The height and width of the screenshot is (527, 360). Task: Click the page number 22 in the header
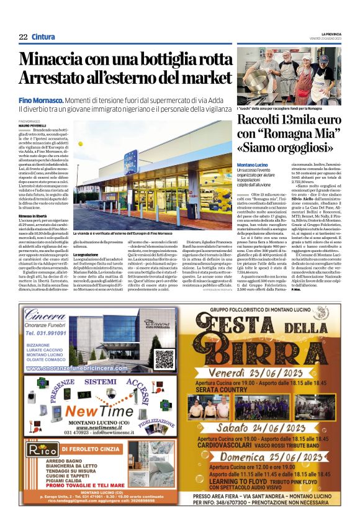pyautogui.click(x=23, y=37)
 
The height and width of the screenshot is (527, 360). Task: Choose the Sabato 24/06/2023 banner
pyautogui.click(x=274, y=428)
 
